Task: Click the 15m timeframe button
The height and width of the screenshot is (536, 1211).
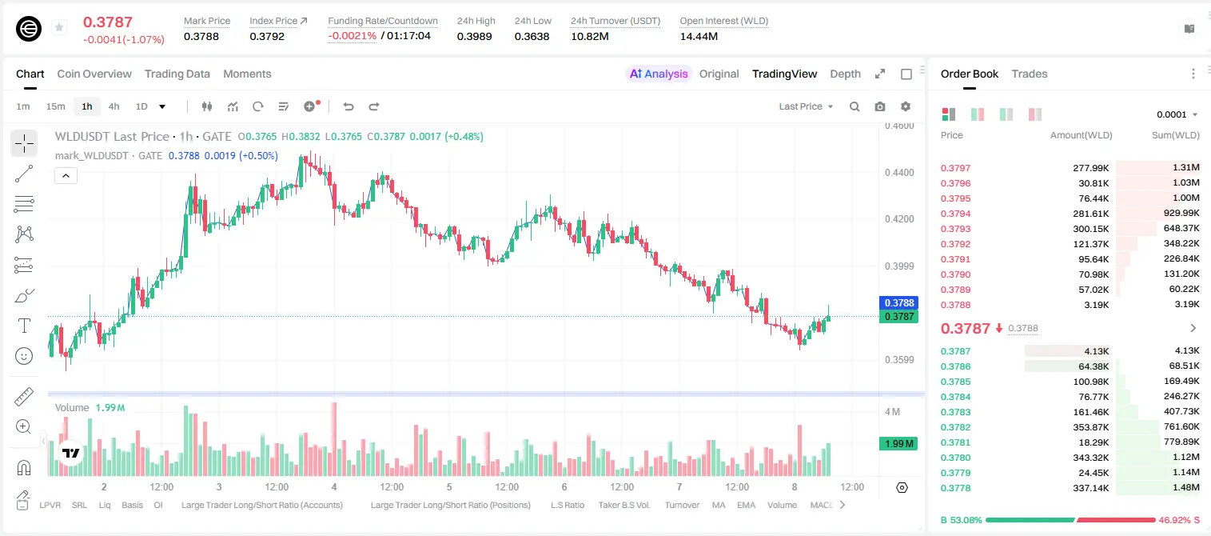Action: [55, 106]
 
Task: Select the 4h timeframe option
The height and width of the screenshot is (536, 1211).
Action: [114, 106]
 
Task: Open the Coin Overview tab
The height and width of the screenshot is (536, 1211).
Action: [94, 74]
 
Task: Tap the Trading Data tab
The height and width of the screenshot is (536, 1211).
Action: [177, 74]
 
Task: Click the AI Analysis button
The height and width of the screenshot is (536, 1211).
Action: [659, 74]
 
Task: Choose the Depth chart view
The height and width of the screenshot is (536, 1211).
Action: [845, 74]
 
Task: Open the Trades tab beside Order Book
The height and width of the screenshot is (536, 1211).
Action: [1030, 74]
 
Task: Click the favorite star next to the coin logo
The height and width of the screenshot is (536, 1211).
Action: [59, 27]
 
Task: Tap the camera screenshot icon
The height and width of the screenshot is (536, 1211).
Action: [880, 106]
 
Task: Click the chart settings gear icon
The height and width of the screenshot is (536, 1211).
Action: [906, 106]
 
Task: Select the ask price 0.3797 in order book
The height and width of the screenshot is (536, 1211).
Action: [955, 168]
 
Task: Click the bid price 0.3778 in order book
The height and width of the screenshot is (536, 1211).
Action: [955, 488]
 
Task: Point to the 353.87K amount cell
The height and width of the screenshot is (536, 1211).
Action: [1090, 427]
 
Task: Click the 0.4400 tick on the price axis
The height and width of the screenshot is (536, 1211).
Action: [899, 173]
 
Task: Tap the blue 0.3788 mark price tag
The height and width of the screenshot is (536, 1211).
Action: [898, 303]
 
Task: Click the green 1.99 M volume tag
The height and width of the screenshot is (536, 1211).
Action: [898, 443]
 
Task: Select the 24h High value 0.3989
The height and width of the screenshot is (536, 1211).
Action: [474, 36]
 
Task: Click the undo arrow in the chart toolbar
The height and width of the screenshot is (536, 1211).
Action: [349, 106]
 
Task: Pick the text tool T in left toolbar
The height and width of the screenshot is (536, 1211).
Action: [24, 326]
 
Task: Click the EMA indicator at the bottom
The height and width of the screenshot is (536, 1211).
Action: [746, 505]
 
